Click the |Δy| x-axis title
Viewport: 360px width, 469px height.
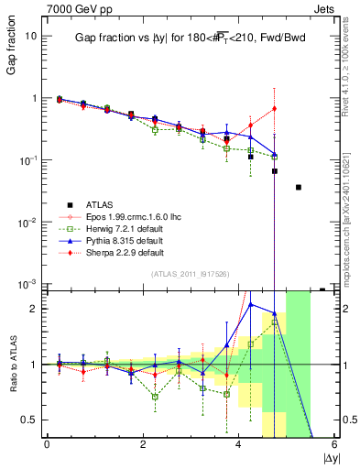326,456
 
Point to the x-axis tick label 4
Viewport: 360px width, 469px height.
239,444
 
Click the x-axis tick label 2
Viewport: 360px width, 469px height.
143,444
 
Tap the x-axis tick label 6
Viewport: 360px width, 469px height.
334,444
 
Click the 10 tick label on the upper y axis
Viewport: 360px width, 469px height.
31,36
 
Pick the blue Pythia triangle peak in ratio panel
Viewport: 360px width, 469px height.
251,304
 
